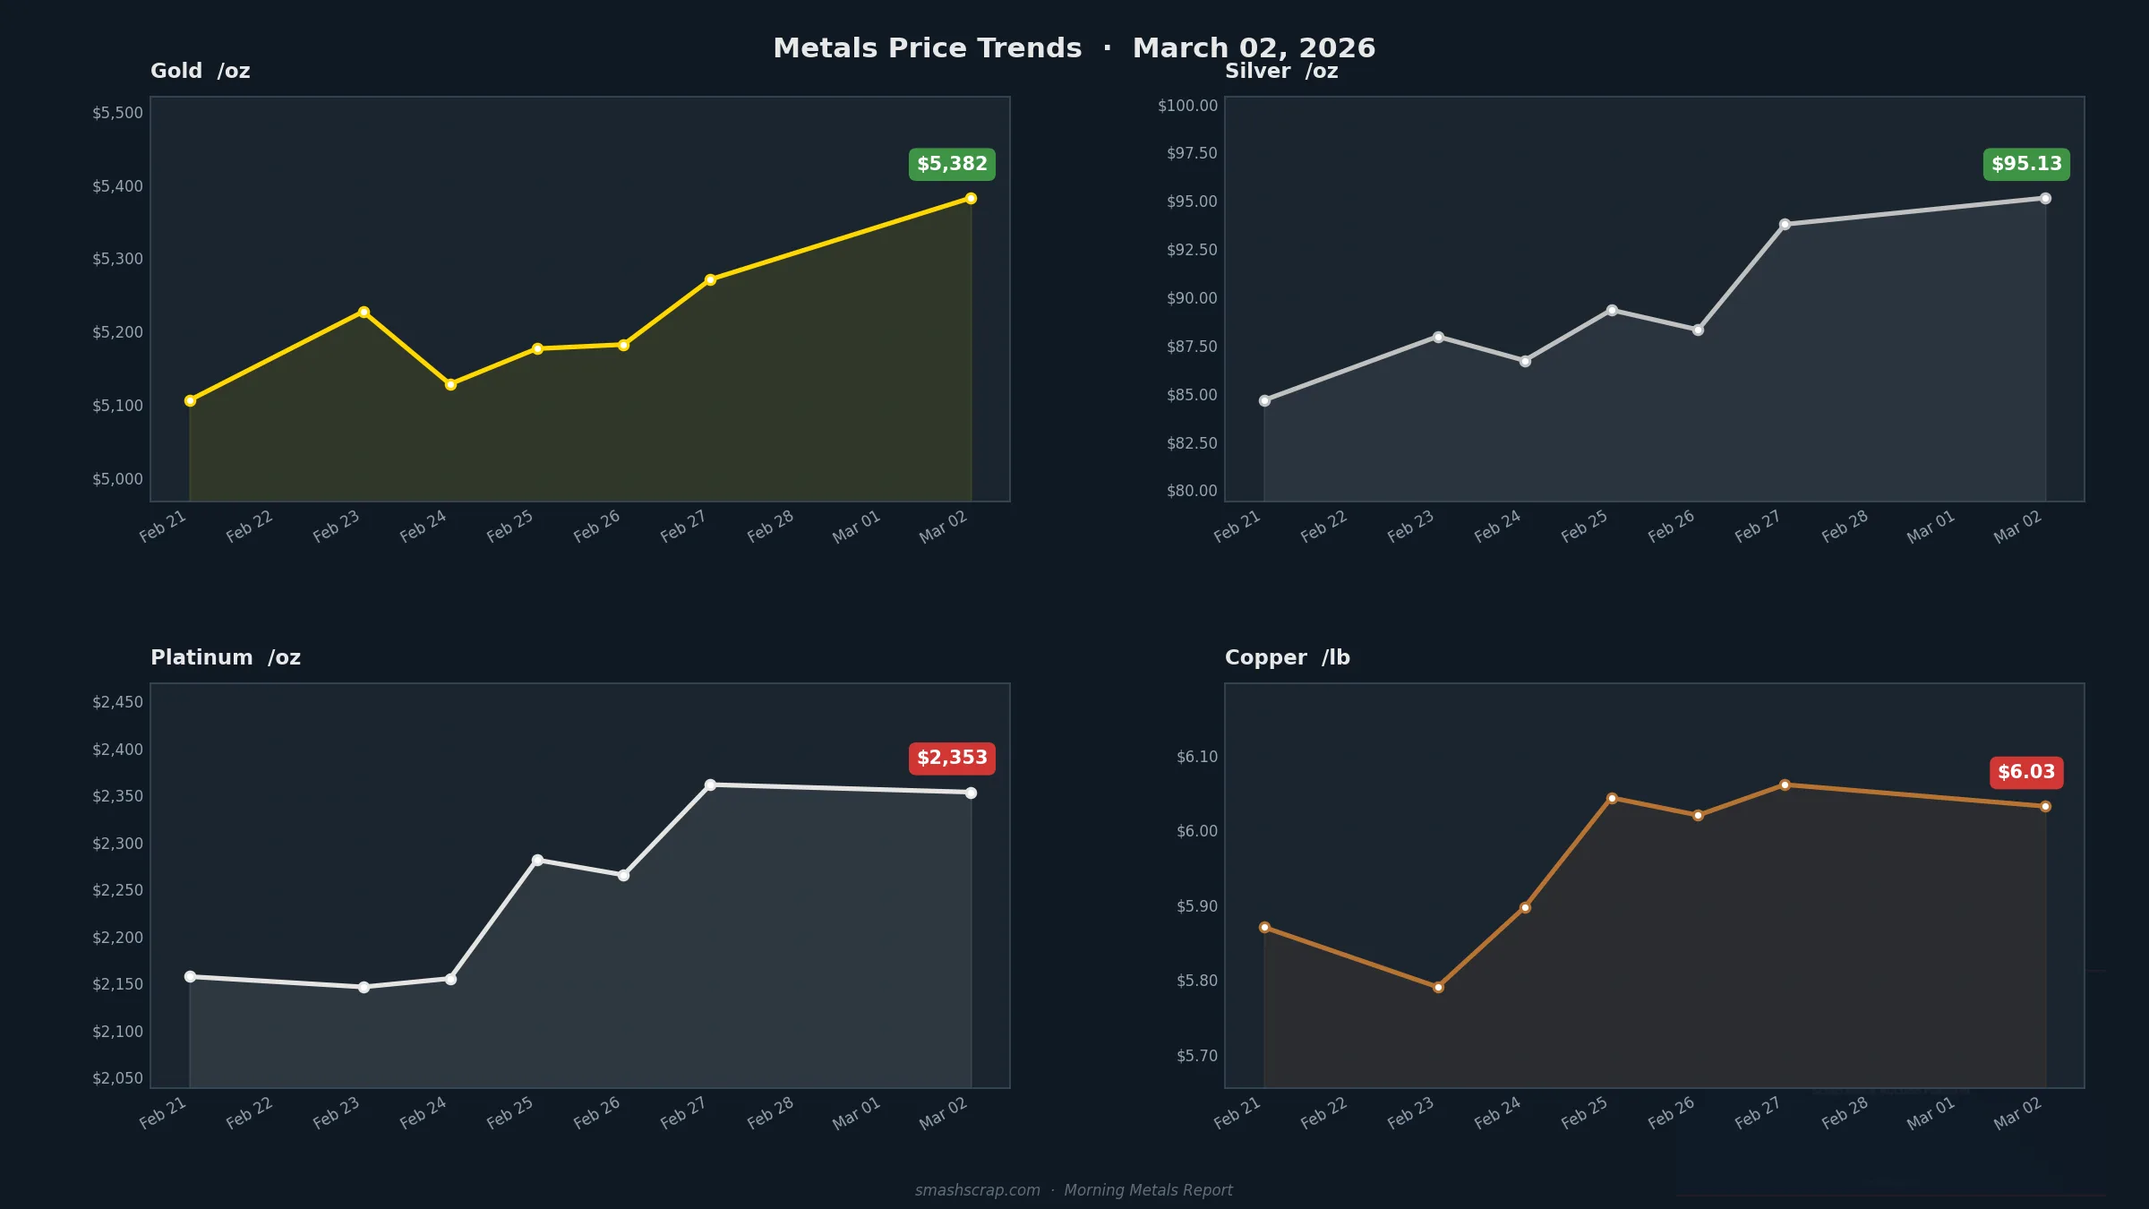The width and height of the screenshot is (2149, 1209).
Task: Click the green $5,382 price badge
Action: pos(952,165)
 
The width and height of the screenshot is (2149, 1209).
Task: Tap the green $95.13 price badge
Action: pos(2026,165)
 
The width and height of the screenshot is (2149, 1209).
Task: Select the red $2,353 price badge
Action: pos(952,759)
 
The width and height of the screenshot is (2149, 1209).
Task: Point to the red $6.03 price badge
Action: pos(2026,772)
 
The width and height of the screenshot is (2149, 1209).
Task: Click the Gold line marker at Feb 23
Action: pos(364,313)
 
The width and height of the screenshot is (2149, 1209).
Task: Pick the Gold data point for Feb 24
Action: pos(450,384)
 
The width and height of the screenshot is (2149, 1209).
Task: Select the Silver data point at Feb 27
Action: pos(1785,225)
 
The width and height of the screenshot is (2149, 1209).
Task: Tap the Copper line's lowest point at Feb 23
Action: pos(1438,987)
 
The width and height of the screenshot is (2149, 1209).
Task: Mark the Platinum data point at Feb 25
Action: pos(537,860)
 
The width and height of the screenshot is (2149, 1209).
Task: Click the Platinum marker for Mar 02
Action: pos(971,793)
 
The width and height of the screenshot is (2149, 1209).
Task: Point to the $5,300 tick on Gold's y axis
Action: pos(117,259)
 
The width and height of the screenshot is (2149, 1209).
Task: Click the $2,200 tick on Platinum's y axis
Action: pos(117,938)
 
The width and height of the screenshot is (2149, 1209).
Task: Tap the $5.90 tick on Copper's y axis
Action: pos(1196,906)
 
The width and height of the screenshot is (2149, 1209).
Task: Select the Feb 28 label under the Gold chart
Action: pos(770,527)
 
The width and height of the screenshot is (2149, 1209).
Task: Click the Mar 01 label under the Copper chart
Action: pos(1931,1113)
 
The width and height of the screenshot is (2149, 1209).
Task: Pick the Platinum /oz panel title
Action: pos(226,657)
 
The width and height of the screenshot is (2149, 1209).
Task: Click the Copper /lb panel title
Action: pos(1287,657)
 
